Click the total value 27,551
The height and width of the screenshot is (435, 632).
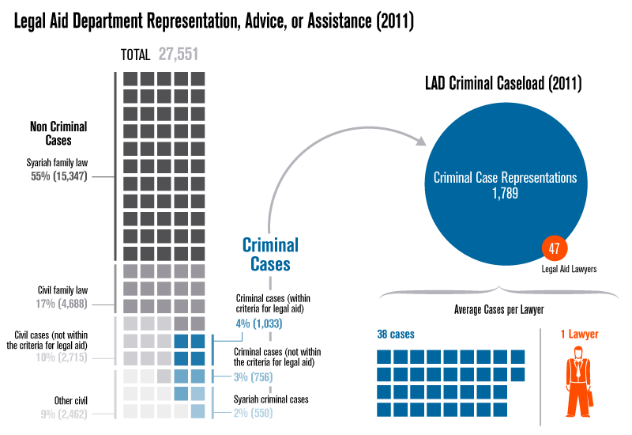pos(178,55)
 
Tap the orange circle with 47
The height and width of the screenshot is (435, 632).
pos(554,248)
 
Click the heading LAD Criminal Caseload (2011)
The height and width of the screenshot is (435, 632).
pos(504,82)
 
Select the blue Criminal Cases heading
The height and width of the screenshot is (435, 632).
pos(270,254)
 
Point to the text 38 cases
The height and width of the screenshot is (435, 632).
pos(395,335)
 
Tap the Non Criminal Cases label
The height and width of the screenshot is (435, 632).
pos(58,133)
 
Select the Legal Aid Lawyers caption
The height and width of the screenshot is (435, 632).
pos(569,269)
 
